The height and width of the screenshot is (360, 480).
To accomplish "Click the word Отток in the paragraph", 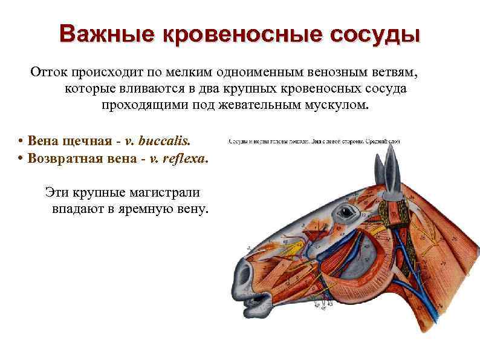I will click(48, 73).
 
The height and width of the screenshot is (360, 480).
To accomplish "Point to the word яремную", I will click(149, 209).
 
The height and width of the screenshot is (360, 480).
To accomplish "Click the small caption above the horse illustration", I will click(314, 142).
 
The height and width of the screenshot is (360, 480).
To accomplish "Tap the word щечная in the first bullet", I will click(94, 141).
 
